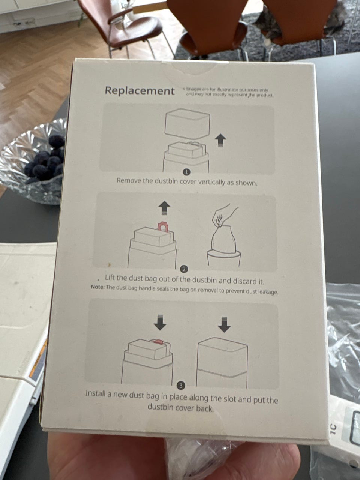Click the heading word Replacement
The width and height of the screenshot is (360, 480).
click(139, 91)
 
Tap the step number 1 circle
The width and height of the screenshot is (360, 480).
click(186, 172)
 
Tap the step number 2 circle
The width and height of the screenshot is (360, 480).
click(184, 269)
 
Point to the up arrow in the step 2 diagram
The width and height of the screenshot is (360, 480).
click(164, 208)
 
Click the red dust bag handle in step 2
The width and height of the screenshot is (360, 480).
click(163, 228)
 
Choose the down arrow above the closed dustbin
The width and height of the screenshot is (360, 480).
click(224, 324)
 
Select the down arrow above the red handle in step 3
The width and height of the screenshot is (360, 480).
click(160, 322)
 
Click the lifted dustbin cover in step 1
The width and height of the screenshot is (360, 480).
click(188, 124)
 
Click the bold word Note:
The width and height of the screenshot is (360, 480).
click(98, 287)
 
